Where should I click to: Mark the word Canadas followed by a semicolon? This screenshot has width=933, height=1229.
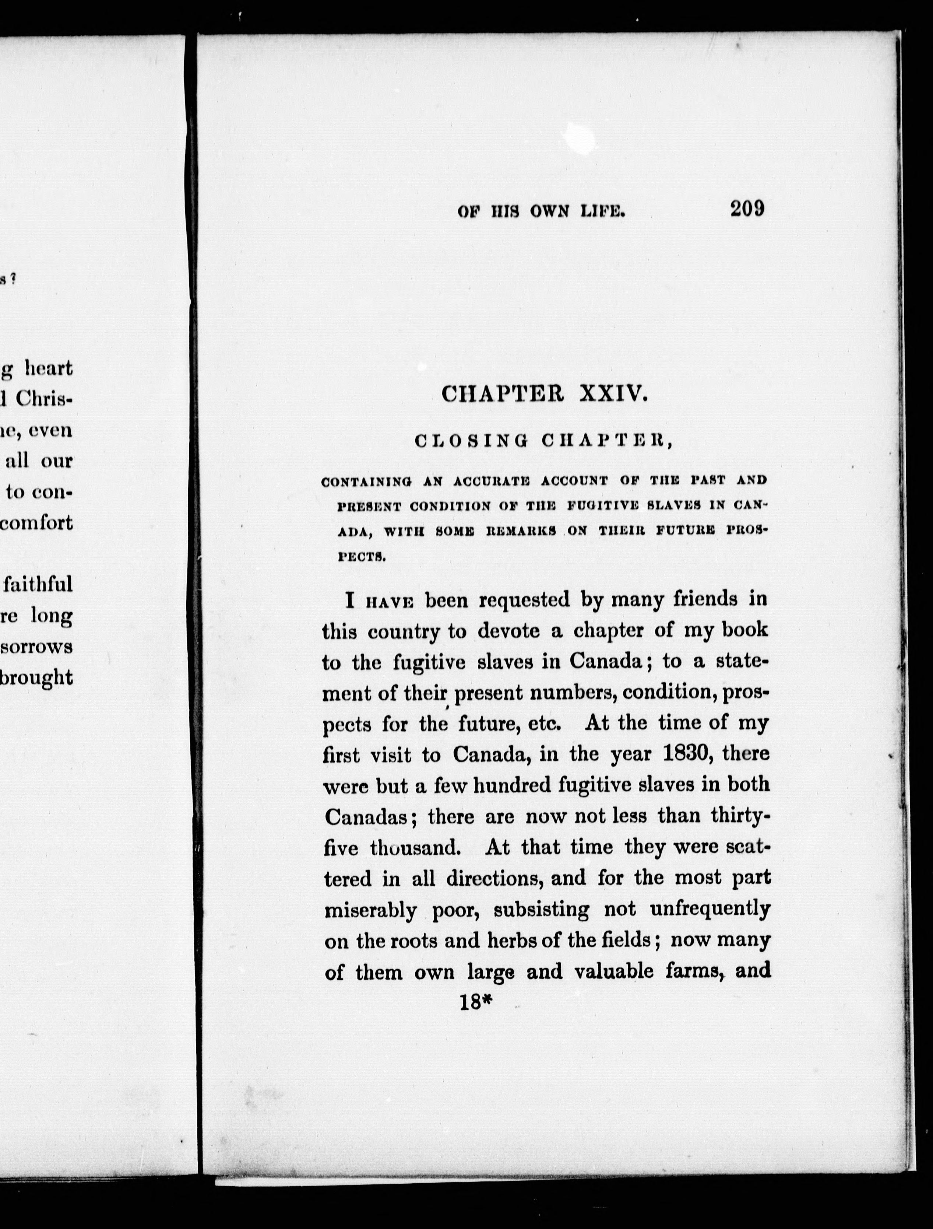tap(367, 817)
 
